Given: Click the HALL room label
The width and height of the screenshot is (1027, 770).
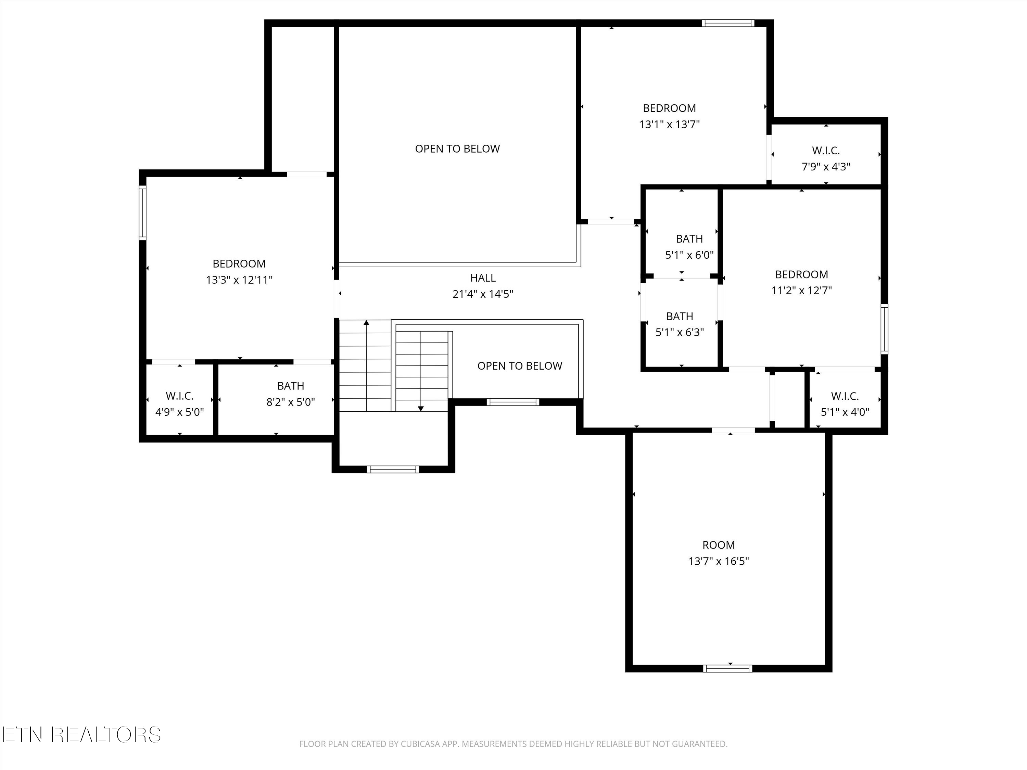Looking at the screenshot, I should (483, 278).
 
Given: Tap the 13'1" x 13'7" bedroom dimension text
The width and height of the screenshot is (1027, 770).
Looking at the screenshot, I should (669, 124).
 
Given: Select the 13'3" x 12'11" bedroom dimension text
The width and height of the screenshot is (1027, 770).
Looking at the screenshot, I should (239, 280).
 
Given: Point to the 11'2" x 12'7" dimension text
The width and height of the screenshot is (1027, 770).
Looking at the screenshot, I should (801, 291).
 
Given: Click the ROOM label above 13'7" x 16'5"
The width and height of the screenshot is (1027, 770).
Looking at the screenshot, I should (718, 545).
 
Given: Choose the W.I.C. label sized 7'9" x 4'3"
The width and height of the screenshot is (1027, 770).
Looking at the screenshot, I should (825, 150).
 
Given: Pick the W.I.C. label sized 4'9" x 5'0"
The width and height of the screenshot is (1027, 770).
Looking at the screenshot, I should (179, 396).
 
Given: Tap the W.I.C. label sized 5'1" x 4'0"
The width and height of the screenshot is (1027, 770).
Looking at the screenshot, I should (845, 396).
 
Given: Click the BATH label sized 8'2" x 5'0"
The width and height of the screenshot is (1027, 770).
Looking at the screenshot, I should (291, 386).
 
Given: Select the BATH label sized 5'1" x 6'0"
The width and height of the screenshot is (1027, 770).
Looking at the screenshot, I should (689, 239).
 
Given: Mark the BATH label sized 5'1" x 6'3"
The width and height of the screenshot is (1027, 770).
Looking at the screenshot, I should (679, 317).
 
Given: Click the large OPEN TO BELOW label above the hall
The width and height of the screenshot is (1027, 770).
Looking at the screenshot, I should (457, 149).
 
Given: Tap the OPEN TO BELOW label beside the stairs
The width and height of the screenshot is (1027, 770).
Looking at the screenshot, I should (520, 366).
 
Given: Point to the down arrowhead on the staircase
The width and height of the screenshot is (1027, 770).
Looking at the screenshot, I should (421, 408).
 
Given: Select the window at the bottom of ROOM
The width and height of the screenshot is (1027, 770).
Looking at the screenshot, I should (727, 668).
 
